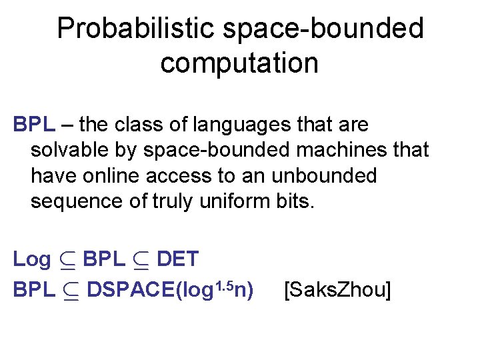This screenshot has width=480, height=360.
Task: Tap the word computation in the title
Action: tap(239, 63)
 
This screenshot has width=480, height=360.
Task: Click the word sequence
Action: tap(77, 201)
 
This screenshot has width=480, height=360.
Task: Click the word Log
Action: tap(31, 259)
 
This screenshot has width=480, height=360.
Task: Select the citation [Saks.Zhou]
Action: tap(337, 290)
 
